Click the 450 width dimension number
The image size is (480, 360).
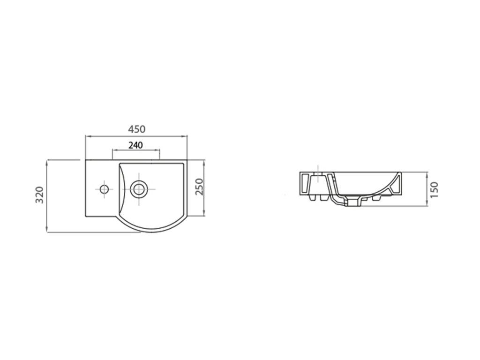136,129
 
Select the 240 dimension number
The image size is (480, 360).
135,145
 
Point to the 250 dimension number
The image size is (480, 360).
199,187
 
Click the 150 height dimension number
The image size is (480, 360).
434,189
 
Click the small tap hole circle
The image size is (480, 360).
104,189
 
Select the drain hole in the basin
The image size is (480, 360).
139,189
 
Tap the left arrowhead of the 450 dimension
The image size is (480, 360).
87,136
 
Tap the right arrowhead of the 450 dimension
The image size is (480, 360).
185,136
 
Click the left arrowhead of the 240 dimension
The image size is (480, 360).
115,150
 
